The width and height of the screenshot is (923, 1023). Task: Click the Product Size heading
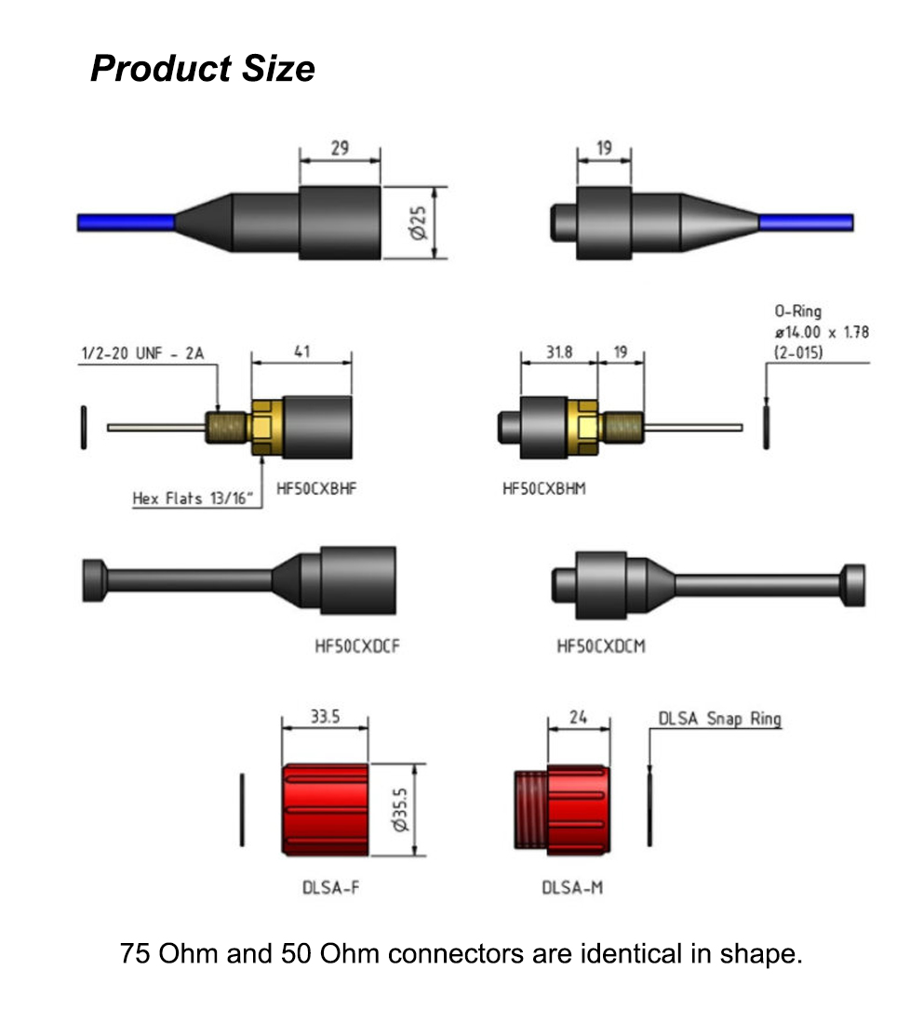pos(203,69)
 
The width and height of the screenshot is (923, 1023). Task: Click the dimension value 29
pos(340,148)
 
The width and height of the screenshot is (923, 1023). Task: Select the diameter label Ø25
pos(419,222)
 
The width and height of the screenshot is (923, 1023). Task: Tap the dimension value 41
pos(301,352)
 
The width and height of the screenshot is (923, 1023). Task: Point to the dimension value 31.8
pos(558,352)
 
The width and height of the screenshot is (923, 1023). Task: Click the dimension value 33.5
pos(325,717)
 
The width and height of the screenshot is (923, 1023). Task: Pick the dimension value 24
pos(579,717)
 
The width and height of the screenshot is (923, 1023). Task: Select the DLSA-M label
pos(572,887)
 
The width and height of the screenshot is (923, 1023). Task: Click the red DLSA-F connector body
pos(326,809)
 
